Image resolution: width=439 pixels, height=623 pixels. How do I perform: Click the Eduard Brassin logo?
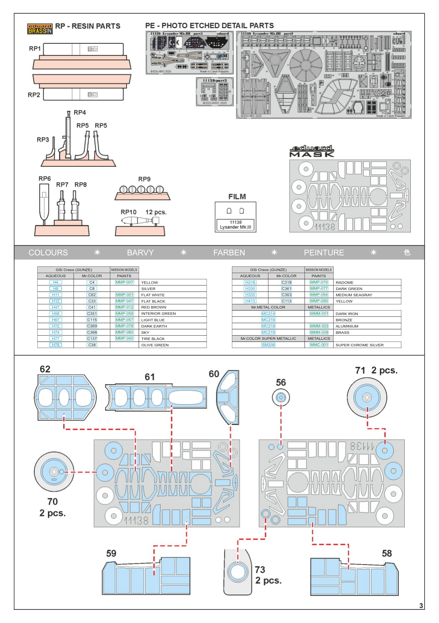pos(40,29)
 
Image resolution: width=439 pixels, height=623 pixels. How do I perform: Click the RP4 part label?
pos(80,112)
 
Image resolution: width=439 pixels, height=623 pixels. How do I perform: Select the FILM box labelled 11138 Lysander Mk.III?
pos(236,217)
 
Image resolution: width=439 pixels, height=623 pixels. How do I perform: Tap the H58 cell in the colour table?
pos(56,313)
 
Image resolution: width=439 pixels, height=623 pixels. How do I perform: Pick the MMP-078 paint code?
pos(125,326)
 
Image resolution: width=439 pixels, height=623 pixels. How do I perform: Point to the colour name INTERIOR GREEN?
pos(159,313)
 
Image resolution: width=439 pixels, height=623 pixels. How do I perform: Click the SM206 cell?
pos(268,345)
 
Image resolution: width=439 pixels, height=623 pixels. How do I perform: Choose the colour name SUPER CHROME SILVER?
pos(360,345)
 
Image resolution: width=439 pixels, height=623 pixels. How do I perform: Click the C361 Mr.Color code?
pos(287,289)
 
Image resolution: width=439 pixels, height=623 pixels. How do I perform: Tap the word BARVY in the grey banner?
pos(140,253)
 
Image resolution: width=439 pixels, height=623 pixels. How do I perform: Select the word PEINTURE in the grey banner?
pos(324,253)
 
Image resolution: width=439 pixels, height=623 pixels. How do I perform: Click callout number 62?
pos(45,369)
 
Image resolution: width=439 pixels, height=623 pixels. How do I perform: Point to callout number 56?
pos(281,383)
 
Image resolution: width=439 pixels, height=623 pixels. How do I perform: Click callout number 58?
pos(387,553)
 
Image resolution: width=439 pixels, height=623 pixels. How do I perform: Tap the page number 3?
pos(421,606)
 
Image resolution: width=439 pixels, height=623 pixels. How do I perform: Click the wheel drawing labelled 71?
pos(367,397)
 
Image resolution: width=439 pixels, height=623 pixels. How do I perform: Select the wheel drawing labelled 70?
pos(54,472)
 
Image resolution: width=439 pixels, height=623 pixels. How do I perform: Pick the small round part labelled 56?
pos(281,397)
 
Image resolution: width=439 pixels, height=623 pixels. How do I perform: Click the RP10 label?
pos(128,212)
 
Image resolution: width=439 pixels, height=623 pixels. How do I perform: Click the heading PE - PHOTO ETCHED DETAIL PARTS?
pos(209,26)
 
